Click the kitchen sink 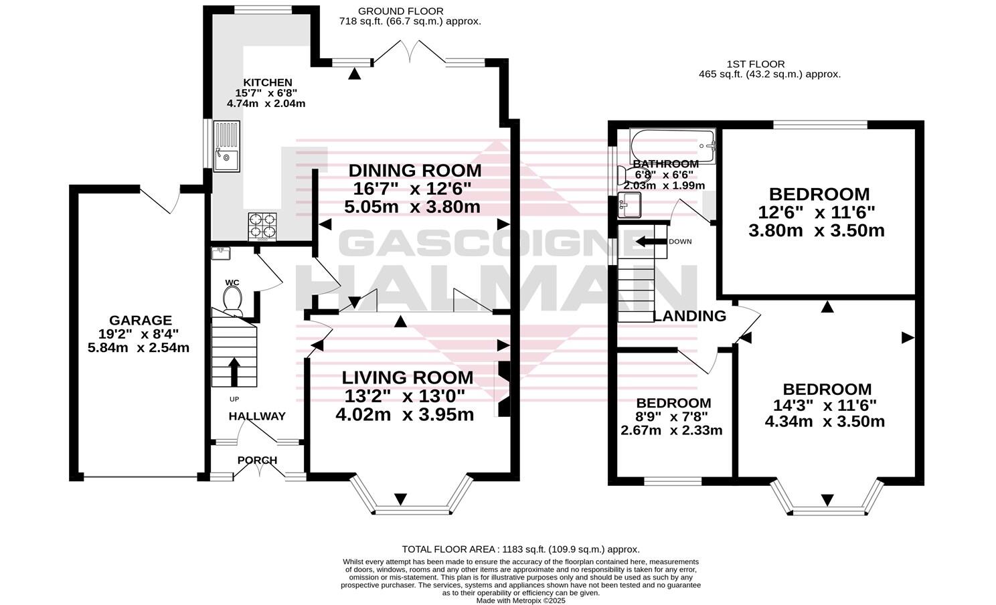point(226,146)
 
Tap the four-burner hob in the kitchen point(262,226)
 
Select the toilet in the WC point(232,298)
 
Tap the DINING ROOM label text point(414,171)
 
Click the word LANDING point(689,317)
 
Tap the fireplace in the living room point(502,389)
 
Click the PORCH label point(257,460)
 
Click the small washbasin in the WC point(220,253)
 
